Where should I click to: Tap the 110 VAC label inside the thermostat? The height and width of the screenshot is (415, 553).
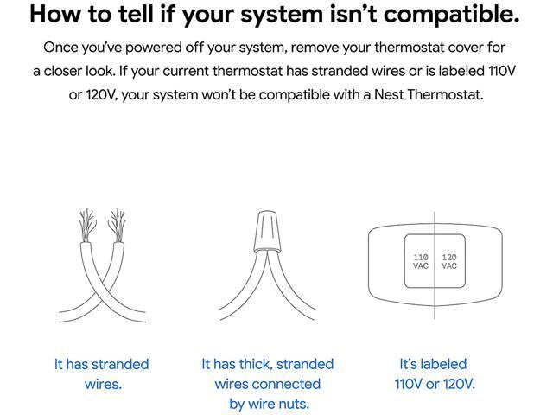[421, 261]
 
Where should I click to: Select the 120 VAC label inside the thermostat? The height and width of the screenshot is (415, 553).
[449, 261]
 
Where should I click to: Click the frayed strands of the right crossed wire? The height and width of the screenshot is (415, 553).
[116, 223]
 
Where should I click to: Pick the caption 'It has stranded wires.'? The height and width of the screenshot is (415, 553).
[102, 373]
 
